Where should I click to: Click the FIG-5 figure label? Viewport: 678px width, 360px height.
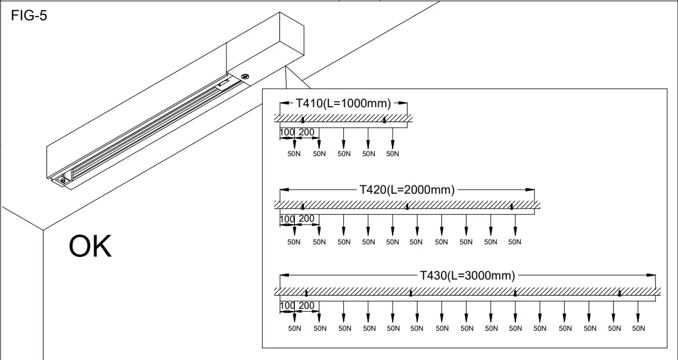(x=29, y=16)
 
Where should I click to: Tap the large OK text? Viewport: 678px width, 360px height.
(x=90, y=247)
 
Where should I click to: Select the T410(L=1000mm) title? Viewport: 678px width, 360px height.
(x=343, y=103)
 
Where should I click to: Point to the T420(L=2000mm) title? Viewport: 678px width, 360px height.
(x=407, y=190)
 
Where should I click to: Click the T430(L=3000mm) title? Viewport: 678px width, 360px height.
(x=467, y=275)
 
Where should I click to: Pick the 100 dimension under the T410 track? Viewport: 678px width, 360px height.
(x=287, y=132)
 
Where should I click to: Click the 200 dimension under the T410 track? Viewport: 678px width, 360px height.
(x=306, y=132)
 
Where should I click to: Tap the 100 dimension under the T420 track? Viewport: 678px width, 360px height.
(x=287, y=219)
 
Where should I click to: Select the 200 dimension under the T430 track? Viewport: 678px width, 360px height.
(x=306, y=306)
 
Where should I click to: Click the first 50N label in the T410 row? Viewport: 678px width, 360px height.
(x=294, y=154)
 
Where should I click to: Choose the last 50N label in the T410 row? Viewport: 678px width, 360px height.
(x=393, y=154)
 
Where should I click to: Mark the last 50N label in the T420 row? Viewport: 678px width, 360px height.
(x=515, y=242)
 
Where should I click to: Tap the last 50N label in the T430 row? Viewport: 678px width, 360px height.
(x=638, y=328)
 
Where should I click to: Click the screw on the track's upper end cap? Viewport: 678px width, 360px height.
(x=245, y=76)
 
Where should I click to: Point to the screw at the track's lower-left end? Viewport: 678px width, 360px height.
(x=60, y=180)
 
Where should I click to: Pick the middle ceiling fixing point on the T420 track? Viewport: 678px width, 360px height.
(x=407, y=207)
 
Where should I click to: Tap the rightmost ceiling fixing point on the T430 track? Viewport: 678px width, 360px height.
(x=620, y=293)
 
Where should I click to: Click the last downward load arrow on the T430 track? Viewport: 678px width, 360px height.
(x=638, y=313)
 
